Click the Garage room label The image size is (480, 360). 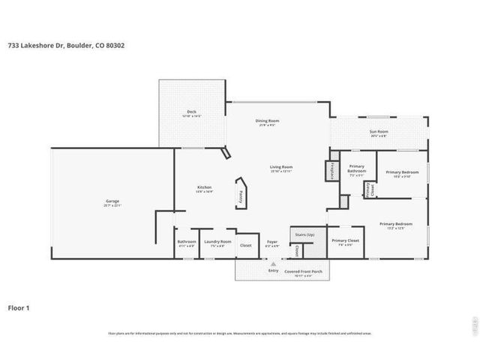click(112, 201)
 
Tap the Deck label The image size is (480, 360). click(191, 112)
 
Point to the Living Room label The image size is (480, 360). click(281, 166)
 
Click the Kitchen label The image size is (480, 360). click(204, 187)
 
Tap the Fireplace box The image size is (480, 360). click(331, 171)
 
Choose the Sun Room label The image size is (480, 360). click(378, 132)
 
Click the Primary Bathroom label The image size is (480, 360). click(357, 169)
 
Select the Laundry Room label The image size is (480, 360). click(220, 241)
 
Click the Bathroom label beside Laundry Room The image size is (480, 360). click(187, 241)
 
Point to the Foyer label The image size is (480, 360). click(272, 241)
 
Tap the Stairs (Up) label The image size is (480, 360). click(304, 235)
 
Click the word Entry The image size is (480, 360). click(273, 270)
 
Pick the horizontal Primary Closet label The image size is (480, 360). click(345, 241)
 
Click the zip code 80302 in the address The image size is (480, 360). click(115, 46)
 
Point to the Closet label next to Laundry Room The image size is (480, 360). click(245, 245)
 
